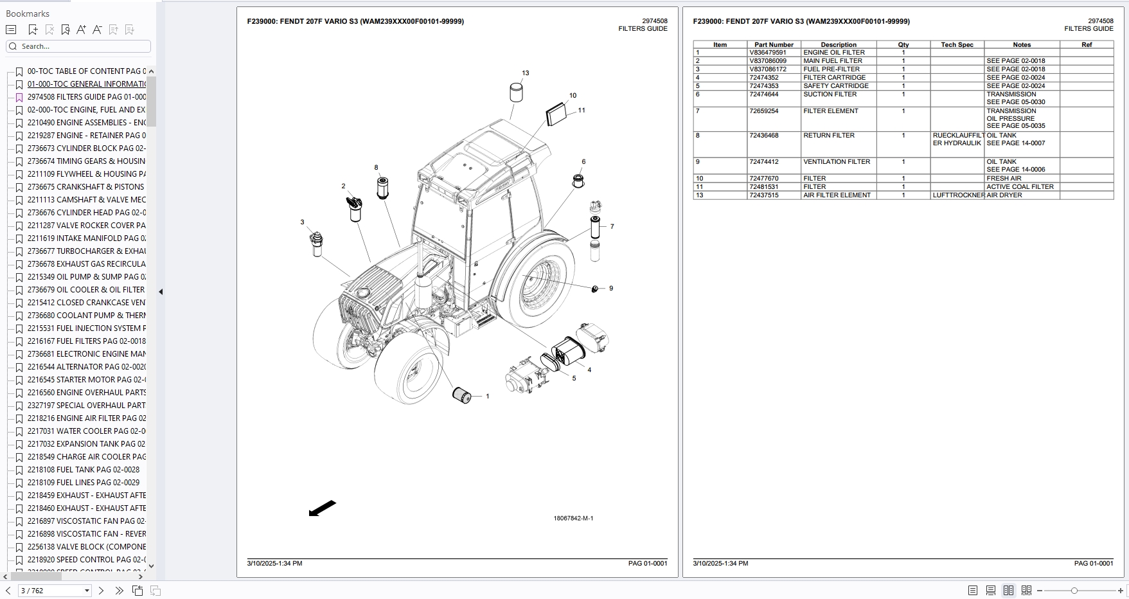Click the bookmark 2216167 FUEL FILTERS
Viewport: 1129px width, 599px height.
pos(86,341)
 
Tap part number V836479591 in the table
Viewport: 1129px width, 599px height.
pos(767,53)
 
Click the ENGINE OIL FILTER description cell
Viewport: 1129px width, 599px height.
pos(833,53)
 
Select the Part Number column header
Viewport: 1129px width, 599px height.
pos(774,45)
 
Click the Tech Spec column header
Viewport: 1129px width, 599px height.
pos(957,45)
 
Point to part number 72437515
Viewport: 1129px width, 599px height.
pos(763,195)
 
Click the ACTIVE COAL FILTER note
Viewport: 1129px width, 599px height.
pos(1020,187)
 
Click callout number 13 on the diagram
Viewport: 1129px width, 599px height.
pos(526,73)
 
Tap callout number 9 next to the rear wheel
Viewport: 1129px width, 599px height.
pos(611,289)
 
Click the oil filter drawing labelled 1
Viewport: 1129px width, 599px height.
pos(462,395)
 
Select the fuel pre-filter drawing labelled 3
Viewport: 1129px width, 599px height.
pos(316,244)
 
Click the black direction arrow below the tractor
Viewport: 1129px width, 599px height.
pos(323,508)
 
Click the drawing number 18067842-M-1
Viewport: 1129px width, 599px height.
pos(573,519)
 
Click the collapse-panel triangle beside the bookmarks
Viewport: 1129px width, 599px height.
pos(161,292)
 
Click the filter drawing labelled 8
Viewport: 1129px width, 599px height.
pos(382,188)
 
